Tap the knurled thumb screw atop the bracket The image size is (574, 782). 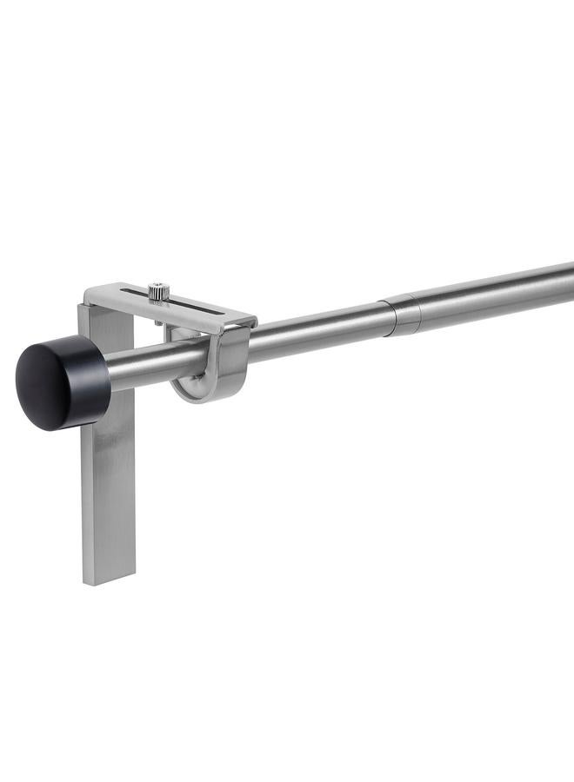tap(157, 292)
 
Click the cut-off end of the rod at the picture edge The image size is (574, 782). tap(570, 280)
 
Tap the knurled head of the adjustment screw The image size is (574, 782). tap(157, 290)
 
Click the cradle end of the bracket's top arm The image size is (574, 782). tap(244, 319)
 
